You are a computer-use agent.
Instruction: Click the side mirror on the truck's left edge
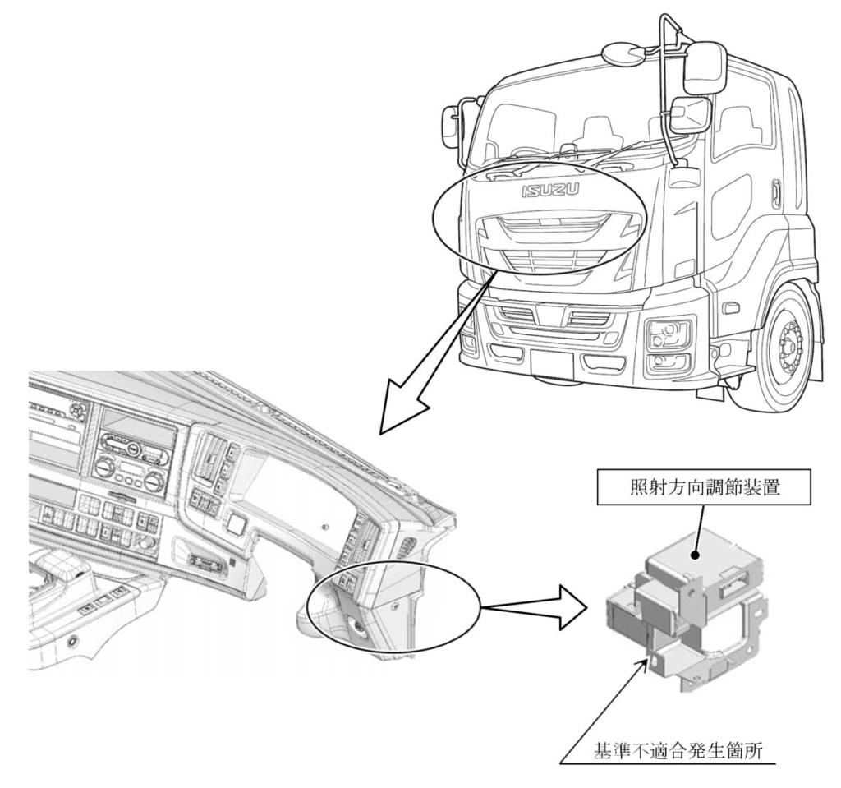tap(450, 123)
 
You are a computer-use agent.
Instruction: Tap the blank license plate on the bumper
tap(553, 362)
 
